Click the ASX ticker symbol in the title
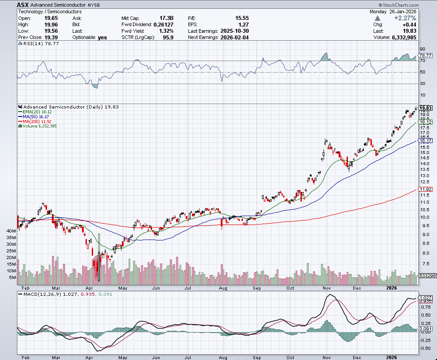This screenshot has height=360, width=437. tap(23, 4)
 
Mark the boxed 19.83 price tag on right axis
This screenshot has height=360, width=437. tap(425, 108)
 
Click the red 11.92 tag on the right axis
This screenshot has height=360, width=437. tap(425, 190)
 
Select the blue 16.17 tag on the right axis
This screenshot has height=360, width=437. tap(425, 140)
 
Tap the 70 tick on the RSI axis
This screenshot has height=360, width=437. tap(422, 60)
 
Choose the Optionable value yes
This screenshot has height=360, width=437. tap(102, 38)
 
